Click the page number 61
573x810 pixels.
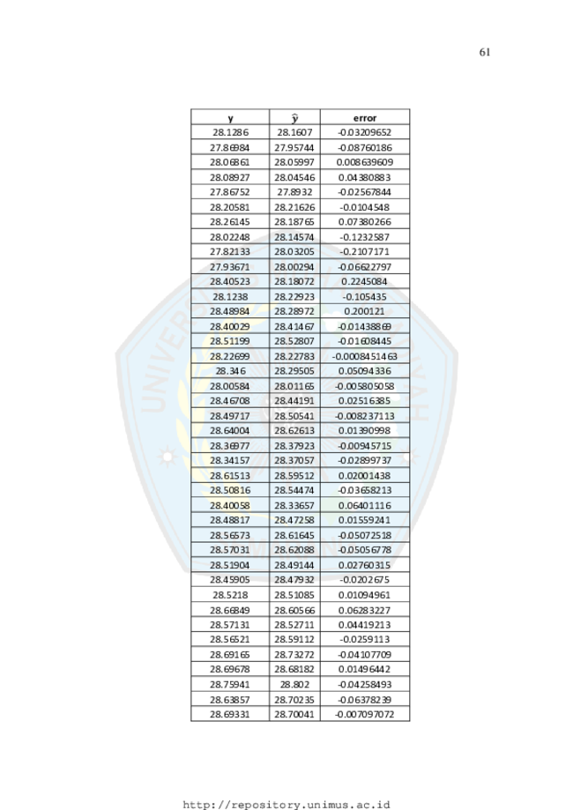click(x=485, y=52)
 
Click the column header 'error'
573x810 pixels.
click(x=365, y=118)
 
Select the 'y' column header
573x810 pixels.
click(x=230, y=119)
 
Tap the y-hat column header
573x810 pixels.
click(x=294, y=118)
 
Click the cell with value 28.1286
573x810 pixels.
click(x=230, y=132)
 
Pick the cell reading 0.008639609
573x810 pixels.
click(x=365, y=162)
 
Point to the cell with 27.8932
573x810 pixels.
click(x=294, y=192)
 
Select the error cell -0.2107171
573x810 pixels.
click(x=365, y=251)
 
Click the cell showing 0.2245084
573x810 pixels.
click(x=365, y=281)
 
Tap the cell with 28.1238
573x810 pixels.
click(x=230, y=296)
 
